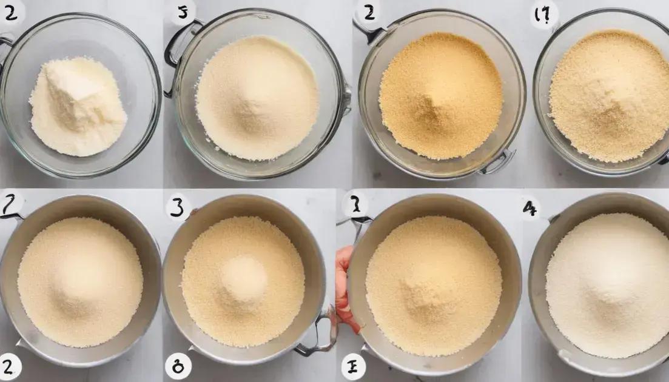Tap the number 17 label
(544, 15)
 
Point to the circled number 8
(178, 366)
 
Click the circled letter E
(352, 366)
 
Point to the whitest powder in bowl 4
(607, 285)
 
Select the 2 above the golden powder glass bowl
(368, 12)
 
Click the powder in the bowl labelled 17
(610, 97)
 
